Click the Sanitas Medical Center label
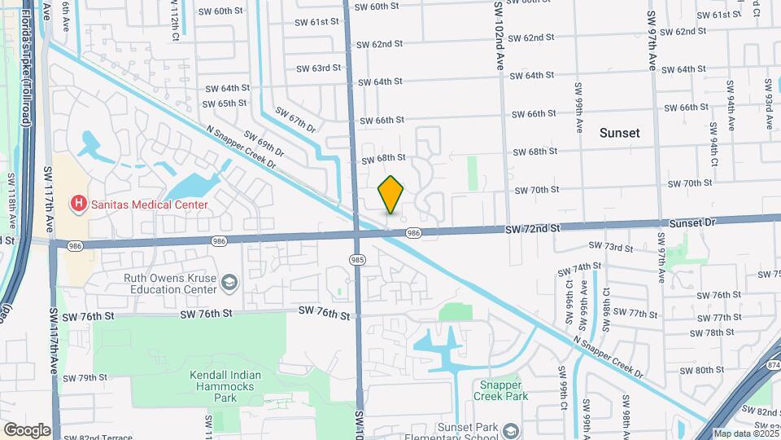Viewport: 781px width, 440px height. click(149, 205)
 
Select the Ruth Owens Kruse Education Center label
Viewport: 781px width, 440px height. click(170, 283)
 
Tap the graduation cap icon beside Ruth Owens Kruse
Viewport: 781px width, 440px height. click(230, 283)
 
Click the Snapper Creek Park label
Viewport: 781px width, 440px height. click(501, 390)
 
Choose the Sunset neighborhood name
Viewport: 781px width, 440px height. click(620, 133)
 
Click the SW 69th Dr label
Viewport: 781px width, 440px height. click(264, 145)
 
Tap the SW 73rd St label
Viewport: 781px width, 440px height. click(610, 247)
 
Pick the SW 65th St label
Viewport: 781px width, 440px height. click(225, 103)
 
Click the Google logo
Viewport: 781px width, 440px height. click(27, 429)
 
